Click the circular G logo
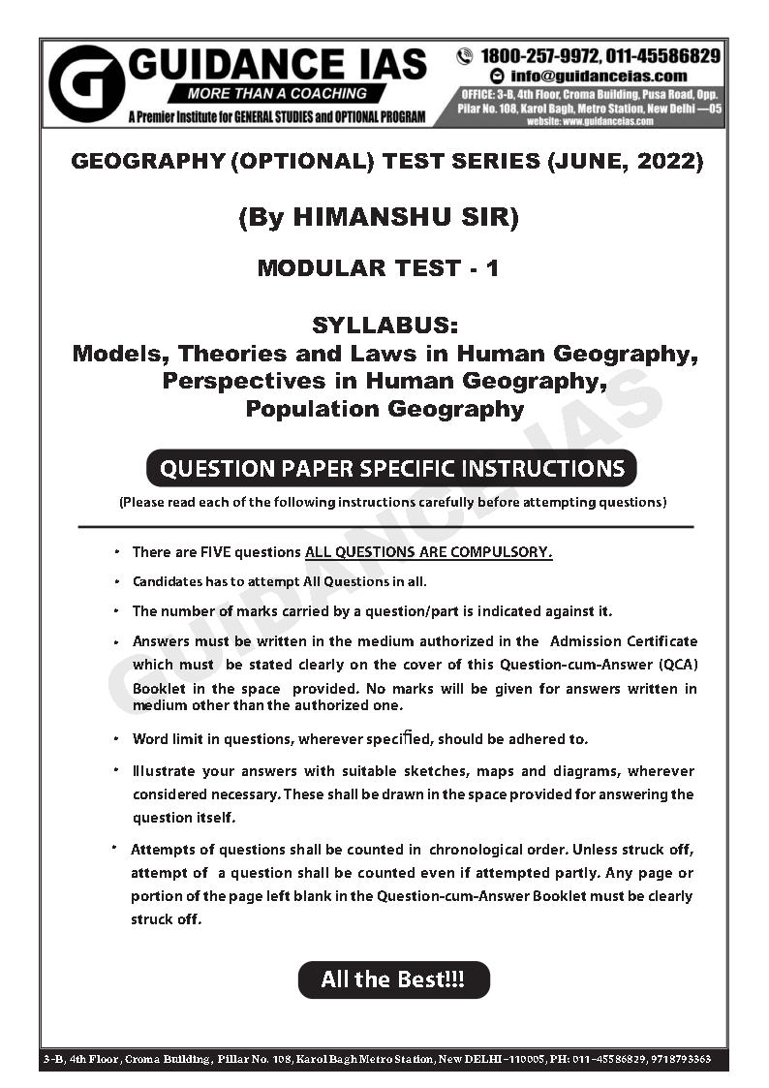86,83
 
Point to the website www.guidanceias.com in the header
588,121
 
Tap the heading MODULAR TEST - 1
378,268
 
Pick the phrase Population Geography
384,408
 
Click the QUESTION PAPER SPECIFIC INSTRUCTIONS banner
391,469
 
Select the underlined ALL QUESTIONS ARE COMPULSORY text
428,552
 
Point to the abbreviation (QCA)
674,665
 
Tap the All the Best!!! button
393,979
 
